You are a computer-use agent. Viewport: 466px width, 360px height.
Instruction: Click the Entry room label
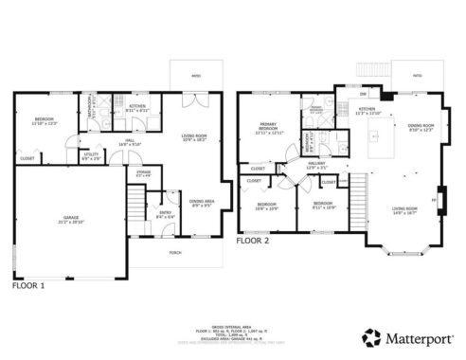165,214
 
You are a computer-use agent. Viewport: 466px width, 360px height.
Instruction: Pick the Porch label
175,253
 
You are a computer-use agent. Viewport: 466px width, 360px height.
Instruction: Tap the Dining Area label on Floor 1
200,203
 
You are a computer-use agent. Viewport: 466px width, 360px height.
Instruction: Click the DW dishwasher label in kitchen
363,94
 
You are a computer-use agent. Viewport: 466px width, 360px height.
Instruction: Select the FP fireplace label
434,200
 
